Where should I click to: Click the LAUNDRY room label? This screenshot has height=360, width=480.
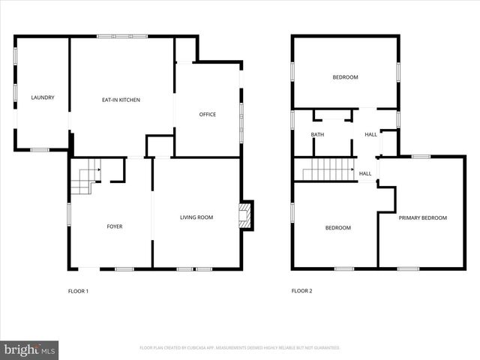42,97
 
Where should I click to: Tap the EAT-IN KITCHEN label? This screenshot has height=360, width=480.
121,100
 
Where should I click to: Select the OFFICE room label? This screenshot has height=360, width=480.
207,115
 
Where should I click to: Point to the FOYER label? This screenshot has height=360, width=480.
115,226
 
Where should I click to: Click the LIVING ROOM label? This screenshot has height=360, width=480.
196,217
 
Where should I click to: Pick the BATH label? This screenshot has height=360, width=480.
318,135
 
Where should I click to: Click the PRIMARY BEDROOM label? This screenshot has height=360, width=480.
422,218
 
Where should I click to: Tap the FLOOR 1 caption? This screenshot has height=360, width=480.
78,291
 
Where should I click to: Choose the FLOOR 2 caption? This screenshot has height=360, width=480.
301,291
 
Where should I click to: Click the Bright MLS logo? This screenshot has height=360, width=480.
30,349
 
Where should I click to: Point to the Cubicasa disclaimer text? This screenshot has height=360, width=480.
240,348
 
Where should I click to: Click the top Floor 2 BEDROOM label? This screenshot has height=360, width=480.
345,77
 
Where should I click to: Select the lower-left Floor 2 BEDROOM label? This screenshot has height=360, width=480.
337,228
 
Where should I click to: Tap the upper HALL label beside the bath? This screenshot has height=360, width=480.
370,135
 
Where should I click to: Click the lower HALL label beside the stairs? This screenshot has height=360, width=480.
365,174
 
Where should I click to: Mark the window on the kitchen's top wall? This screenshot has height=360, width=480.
122,36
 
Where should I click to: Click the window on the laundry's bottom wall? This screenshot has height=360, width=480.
40,150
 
